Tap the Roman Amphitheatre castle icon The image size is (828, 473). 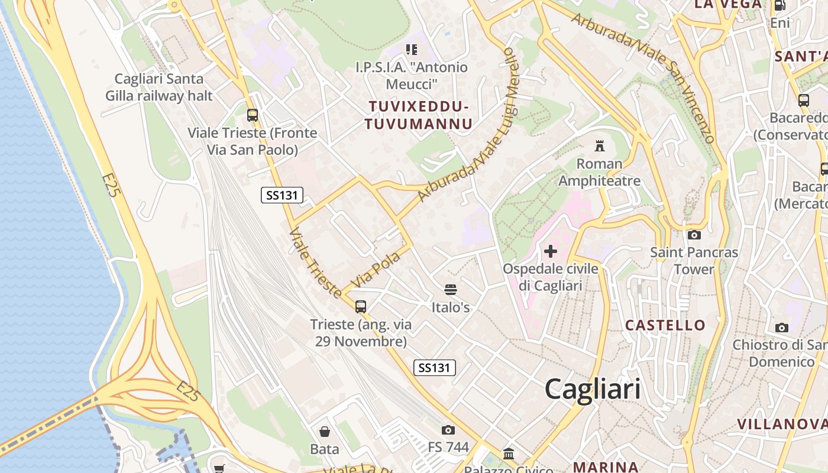point(600,145)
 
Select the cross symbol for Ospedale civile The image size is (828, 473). point(551,251)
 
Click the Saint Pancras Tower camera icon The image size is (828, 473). point(694,235)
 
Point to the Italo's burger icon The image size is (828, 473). point(451,290)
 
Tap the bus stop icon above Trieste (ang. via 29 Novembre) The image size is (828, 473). point(361,306)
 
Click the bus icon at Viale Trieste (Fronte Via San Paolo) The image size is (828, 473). point(253,115)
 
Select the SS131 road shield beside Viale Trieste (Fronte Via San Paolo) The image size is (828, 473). point(282,195)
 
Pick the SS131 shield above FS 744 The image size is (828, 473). point(435,368)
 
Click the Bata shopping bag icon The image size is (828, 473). point(324,432)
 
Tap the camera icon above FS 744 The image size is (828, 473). point(448,430)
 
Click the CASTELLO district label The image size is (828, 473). point(665,325)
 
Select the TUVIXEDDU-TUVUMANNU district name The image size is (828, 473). point(419,115)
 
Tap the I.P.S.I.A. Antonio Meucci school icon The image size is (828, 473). point(411,50)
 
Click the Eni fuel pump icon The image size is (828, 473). point(780,5)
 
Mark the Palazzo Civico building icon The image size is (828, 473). point(509,454)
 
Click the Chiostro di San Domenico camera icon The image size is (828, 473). point(782,328)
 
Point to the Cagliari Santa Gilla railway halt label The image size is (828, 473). point(159,87)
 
